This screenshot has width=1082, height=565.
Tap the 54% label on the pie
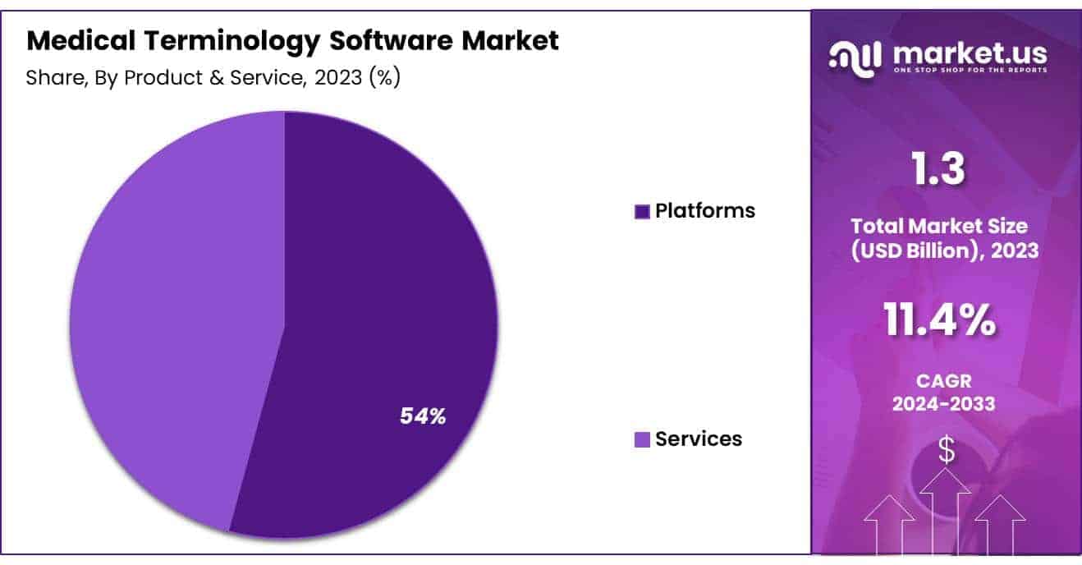point(423,416)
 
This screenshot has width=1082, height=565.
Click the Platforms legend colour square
point(643,212)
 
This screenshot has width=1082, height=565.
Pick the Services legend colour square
point(643,440)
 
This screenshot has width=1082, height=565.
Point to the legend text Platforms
point(705,211)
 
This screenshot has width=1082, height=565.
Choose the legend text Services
point(699,439)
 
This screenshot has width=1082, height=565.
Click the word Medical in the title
point(71,41)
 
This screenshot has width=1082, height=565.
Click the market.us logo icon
point(855,56)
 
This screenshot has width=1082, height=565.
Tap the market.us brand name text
point(970,53)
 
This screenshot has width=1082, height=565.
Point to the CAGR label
point(944,382)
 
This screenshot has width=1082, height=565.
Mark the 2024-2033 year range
point(944,403)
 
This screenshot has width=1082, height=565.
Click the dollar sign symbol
point(947,450)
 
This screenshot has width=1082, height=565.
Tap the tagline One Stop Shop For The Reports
point(970,70)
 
